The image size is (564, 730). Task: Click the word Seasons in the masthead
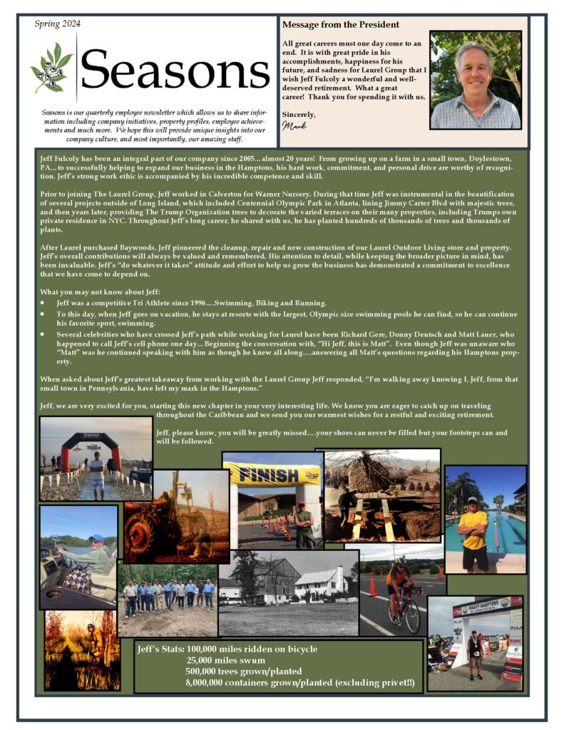pyautogui.click(x=175, y=70)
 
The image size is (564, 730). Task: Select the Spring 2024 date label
pyautogui.click(x=58, y=24)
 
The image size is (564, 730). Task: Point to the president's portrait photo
pyautogui.click(x=476, y=79)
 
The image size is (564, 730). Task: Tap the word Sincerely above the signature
pyautogui.click(x=299, y=114)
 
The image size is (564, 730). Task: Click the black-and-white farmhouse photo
pyautogui.click(x=288, y=592)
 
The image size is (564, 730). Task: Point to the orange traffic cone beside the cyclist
pyautogui.click(x=372, y=587)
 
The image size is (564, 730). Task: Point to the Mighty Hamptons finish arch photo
pyautogui.click(x=475, y=642)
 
